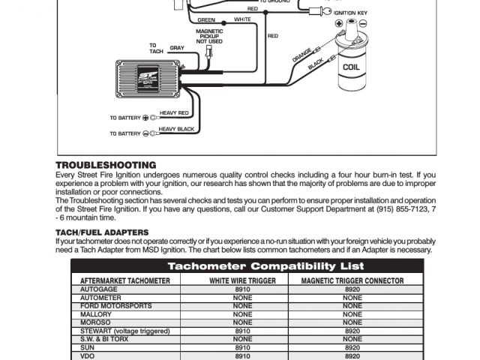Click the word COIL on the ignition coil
(x=350, y=66)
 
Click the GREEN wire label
(x=206, y=19)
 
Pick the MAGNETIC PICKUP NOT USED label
(x=209, y=37)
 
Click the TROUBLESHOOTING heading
(x=106, y=165)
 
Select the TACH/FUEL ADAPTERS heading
(x=102, y=232)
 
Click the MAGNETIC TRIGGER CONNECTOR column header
(x=352, y=280)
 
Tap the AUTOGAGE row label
(x=98, y=288)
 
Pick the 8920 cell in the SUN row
(x=352, y=347)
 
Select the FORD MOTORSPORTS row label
(x=116, y=305)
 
